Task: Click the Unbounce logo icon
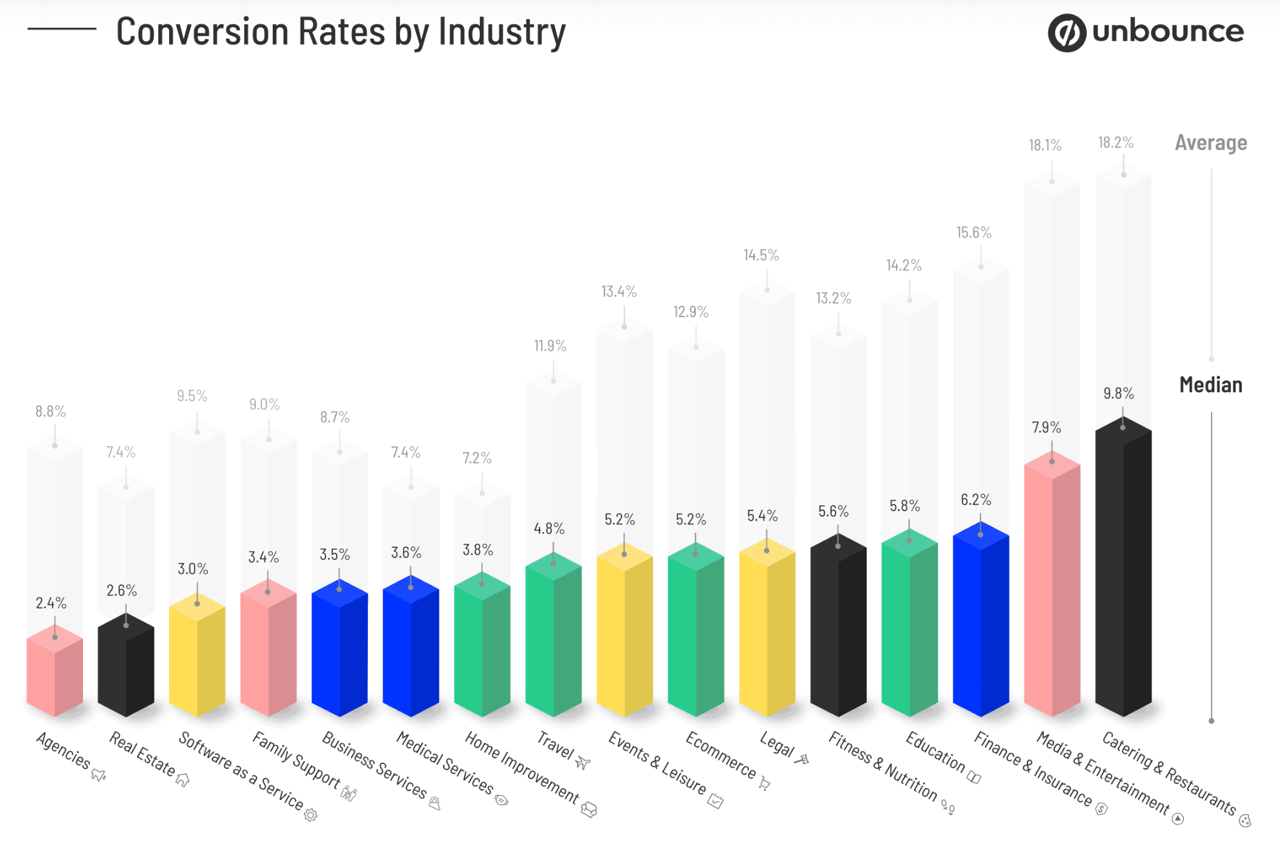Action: coord(1067,33)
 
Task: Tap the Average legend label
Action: coord(1210,143)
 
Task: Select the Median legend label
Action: coord(1210,384)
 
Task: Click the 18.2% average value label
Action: coord(1115,143)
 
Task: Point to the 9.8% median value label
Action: coord(1118,393)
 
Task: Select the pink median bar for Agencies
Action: coord(54,675)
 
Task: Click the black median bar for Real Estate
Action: coord(125,668)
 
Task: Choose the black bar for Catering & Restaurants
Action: coord(1122,570)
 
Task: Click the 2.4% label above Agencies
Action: coord(51,603)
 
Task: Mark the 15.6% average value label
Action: coord(973,232)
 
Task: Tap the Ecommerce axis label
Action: coord(720,755)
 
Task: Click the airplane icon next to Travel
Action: coord(583,763)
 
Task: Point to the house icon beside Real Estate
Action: coord(182,780)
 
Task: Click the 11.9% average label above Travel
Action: coord(549,346)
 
